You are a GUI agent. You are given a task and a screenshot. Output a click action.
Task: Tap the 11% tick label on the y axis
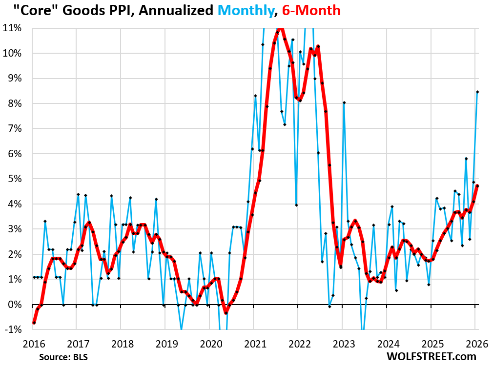(x=14, y=28)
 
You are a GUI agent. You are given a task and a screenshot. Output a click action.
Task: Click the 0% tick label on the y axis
(x=16, y=304)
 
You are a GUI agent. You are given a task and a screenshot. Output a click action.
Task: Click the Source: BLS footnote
(x=67, y=356)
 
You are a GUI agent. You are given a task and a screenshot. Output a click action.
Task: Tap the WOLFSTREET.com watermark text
(x=431, y=356)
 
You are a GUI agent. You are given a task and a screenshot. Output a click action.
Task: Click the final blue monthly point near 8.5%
(x=477, y=92)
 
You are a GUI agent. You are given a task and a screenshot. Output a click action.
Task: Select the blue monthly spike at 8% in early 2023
(x=344, y=102)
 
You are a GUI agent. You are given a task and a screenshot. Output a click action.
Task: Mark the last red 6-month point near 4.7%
(x=477, y=185)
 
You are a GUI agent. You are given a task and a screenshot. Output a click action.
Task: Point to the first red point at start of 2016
(x=34, y=323)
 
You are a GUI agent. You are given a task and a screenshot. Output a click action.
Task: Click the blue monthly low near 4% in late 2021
(x=296, y=205)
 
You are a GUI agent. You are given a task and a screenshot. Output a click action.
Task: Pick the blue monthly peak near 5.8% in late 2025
(x=466, y=159)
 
